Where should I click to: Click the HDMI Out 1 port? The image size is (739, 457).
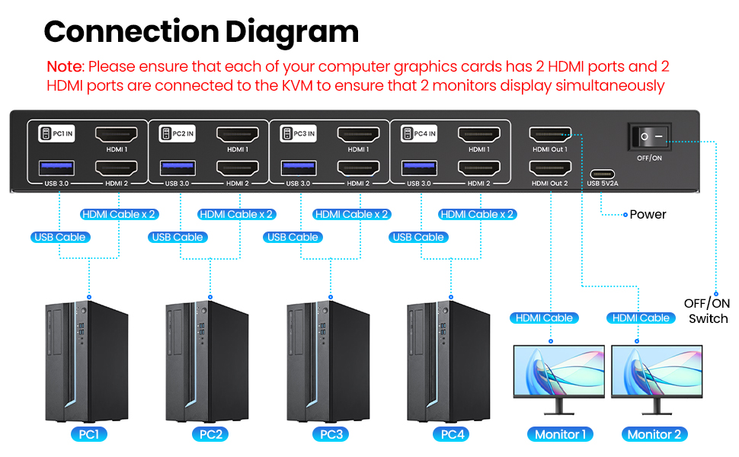[x=550, y=135]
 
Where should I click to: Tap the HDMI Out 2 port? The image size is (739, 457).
[x=550, y=168]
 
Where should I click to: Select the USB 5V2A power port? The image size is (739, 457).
[x=603, y=174]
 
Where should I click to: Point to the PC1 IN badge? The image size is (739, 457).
[x=56, y=134]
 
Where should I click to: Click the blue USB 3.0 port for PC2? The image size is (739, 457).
[x=178, y=168]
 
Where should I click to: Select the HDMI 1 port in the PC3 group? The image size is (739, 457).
[x=358, y=135]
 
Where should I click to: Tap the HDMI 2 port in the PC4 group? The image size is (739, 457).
[x=479, y=168]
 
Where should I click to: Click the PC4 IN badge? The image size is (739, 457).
[x=418, y=134]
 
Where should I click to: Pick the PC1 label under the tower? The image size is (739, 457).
[x=89, y=434]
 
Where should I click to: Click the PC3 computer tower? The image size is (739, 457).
[x=328, y=361]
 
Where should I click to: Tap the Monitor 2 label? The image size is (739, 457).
[x=654, y=434]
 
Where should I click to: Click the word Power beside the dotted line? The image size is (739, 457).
[x=648, y=214]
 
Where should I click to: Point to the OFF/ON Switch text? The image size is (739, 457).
[x=707, y=311]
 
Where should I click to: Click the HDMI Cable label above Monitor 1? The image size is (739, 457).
[x=544, y=318]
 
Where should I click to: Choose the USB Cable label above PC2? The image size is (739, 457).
[x=178, y=237]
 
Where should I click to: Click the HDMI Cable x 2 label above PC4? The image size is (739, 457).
[x=477, y=214]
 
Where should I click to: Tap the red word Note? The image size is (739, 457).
[x=65, y=67]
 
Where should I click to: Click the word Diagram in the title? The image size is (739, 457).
[x=292, y=32]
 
